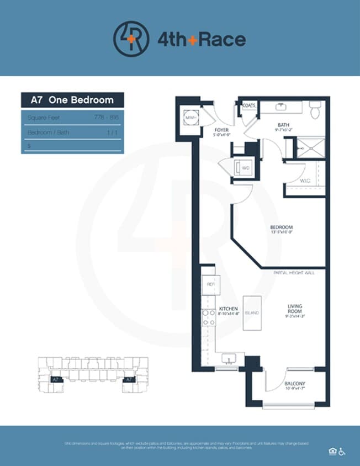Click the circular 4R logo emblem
pos(131,39)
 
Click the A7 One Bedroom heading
pos(72,100)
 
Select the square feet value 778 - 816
pos(107,118)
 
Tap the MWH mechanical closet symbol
pos(191,118)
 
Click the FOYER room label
pos(221,130)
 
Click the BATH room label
pos(284,125)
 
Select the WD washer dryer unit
pos(244,167)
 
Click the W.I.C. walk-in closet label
pos(305,181)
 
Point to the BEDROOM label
pos(281,227)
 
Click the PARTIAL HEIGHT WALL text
pos(294,273)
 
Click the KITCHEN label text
pos(229,309)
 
